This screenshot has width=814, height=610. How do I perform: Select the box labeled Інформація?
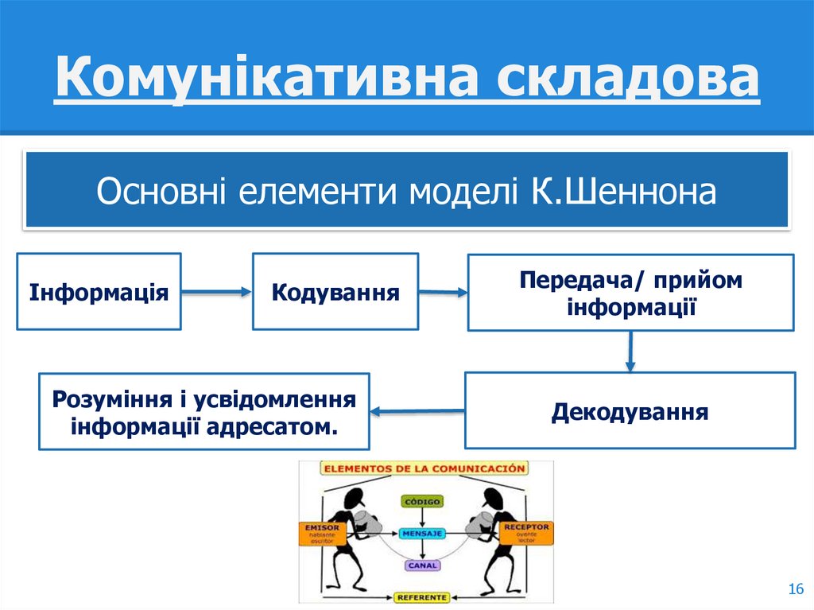click(99, 291)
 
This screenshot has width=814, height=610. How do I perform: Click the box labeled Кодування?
click(335, 291)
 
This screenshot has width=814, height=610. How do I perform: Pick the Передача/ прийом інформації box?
click(630, 291)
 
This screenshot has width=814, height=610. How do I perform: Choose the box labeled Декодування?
click(630, 410)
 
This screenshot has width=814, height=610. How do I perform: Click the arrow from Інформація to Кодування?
click(216, 293)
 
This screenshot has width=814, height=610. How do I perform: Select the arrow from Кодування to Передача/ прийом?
click(443, 293)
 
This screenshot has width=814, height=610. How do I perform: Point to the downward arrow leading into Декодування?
click(630, 351)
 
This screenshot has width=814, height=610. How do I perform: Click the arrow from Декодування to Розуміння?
click(417, 411)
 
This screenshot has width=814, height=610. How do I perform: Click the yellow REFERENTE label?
click(422, 596)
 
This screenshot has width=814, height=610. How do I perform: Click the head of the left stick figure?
click(350, 499)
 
